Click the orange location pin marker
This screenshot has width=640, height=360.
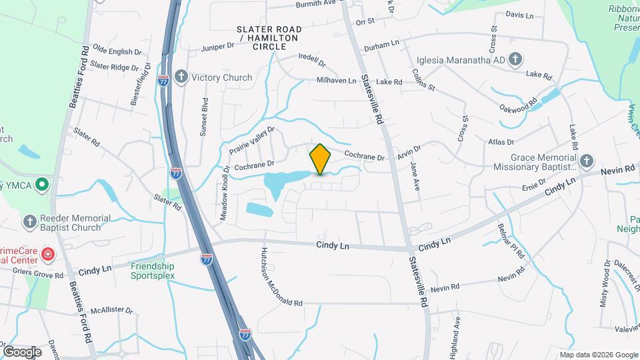coord(320,159)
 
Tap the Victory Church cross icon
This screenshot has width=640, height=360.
coord(181,77)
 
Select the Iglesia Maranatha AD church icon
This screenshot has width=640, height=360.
coord(515,60)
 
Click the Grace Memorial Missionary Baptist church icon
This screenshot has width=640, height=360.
coord(585,161)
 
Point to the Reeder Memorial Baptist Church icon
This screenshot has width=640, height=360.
coord(29,221)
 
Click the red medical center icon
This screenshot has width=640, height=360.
coord(47,254)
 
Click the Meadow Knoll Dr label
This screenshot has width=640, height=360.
coord(225,193)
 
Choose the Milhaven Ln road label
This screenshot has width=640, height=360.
coord(337,80)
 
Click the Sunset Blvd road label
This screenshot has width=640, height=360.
coord(205,117)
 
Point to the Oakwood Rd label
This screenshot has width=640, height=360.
coord(519,106)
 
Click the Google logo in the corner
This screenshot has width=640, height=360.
coord(22,351)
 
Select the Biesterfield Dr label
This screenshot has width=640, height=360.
coord(148,85)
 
